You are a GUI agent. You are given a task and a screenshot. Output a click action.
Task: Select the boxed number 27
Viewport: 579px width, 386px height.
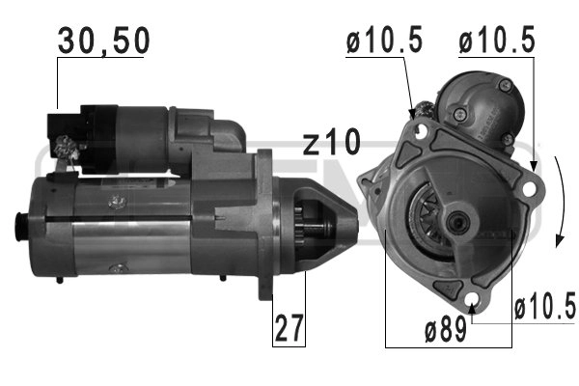coord(287,328)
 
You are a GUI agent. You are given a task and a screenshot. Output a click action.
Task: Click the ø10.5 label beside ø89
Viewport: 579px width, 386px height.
coord(544,309)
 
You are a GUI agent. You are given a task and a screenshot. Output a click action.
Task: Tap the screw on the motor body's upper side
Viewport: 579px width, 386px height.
coord(119,201)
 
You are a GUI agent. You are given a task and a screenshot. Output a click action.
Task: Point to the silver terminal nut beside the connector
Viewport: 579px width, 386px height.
coord(69,151)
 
